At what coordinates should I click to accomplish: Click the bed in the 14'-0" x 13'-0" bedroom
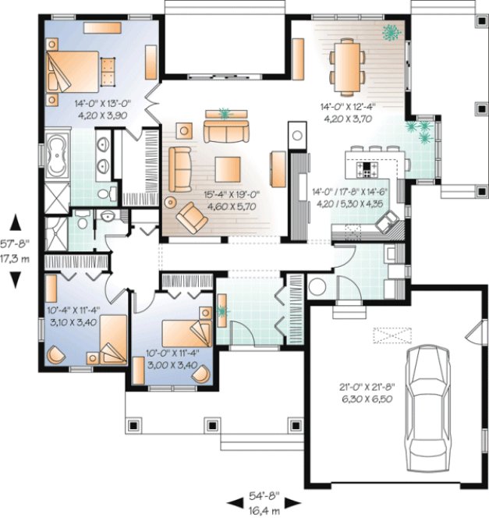tap(72, 73)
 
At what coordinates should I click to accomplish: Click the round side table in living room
tap(170, 202)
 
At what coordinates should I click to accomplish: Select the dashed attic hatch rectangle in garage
tap(391, 335)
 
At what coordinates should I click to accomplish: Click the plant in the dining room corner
tap(391, 32)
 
